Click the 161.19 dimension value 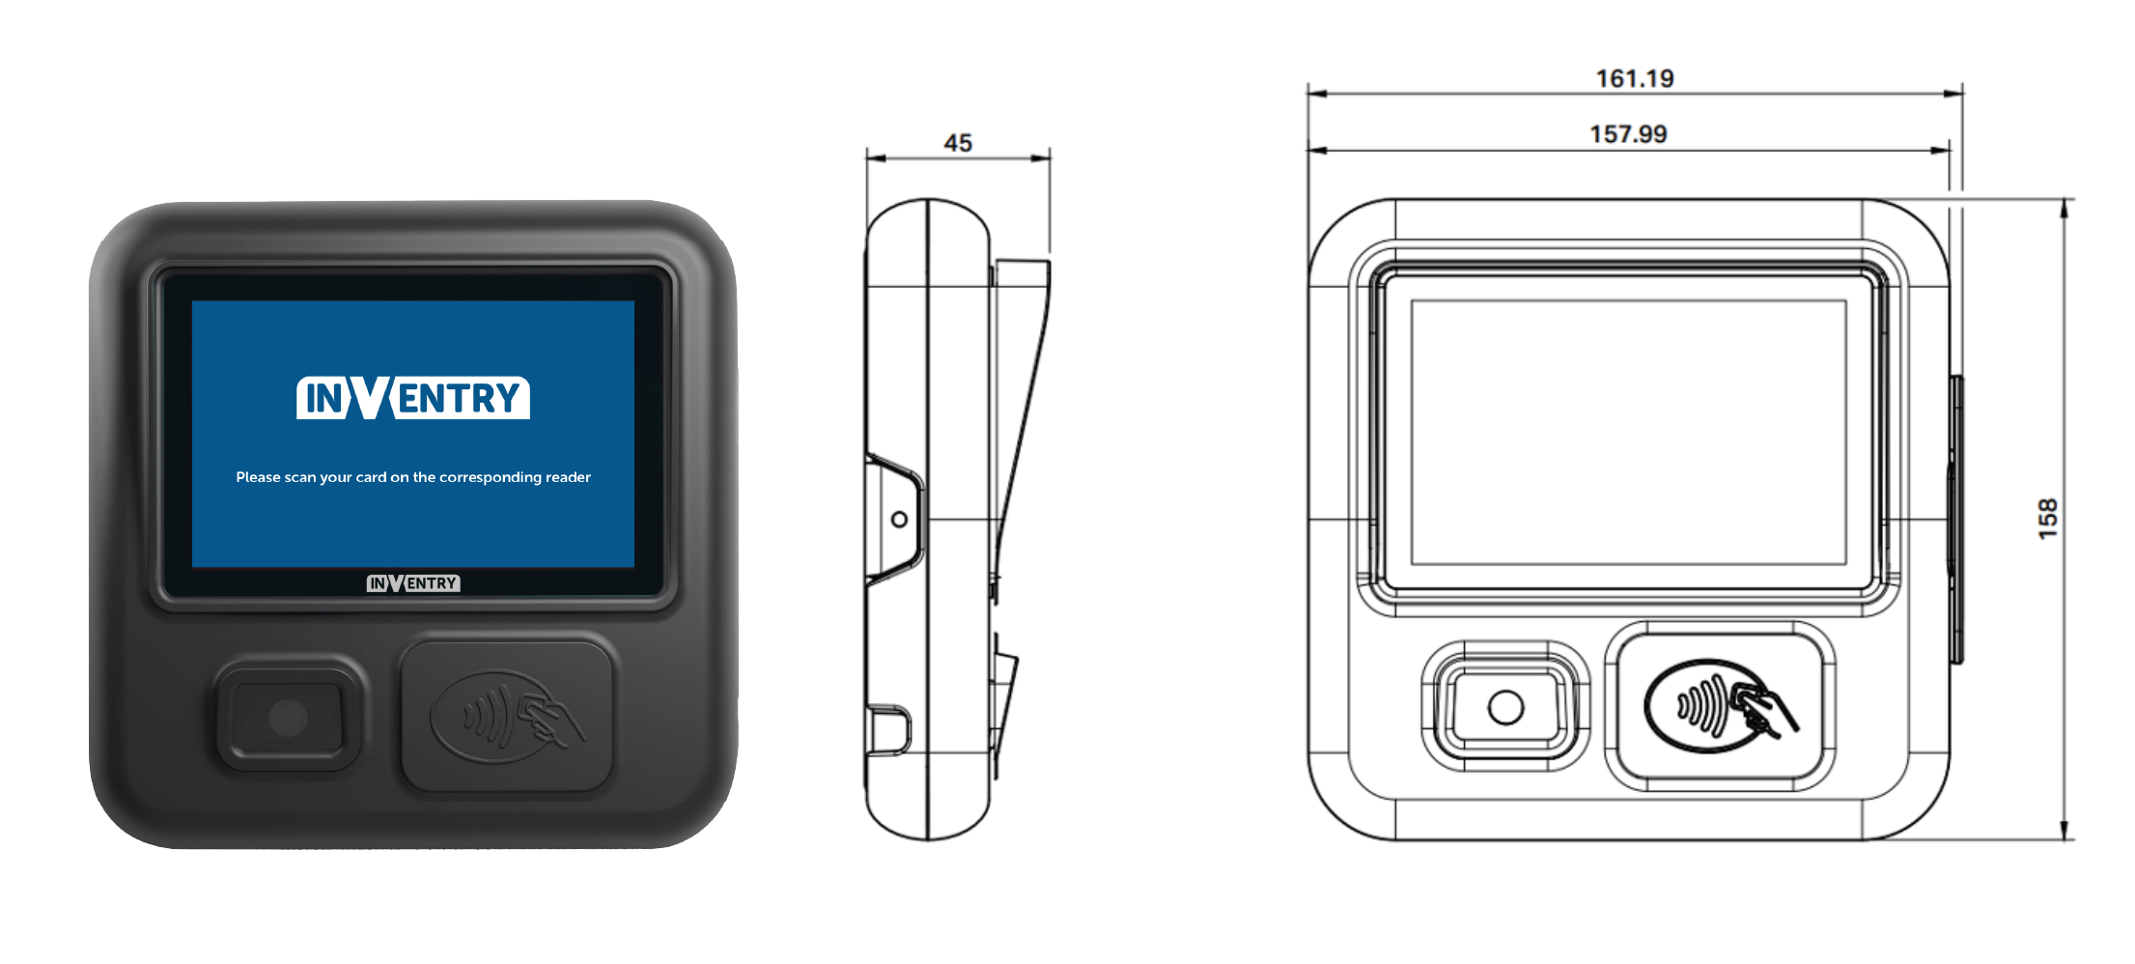coord(1634,78)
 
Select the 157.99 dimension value coord(1628,134)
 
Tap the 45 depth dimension coord(957,143)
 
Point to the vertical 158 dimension coord(2047,519)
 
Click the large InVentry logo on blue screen coord(413,398)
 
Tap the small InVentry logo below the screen coord(413,583)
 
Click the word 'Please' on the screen coord(258,477)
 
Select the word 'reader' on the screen coord(568,477)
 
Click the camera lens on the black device coord(288,717)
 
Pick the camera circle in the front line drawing coord(1505,707)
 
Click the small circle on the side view coord(899,520)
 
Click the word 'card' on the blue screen coord(371,477)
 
